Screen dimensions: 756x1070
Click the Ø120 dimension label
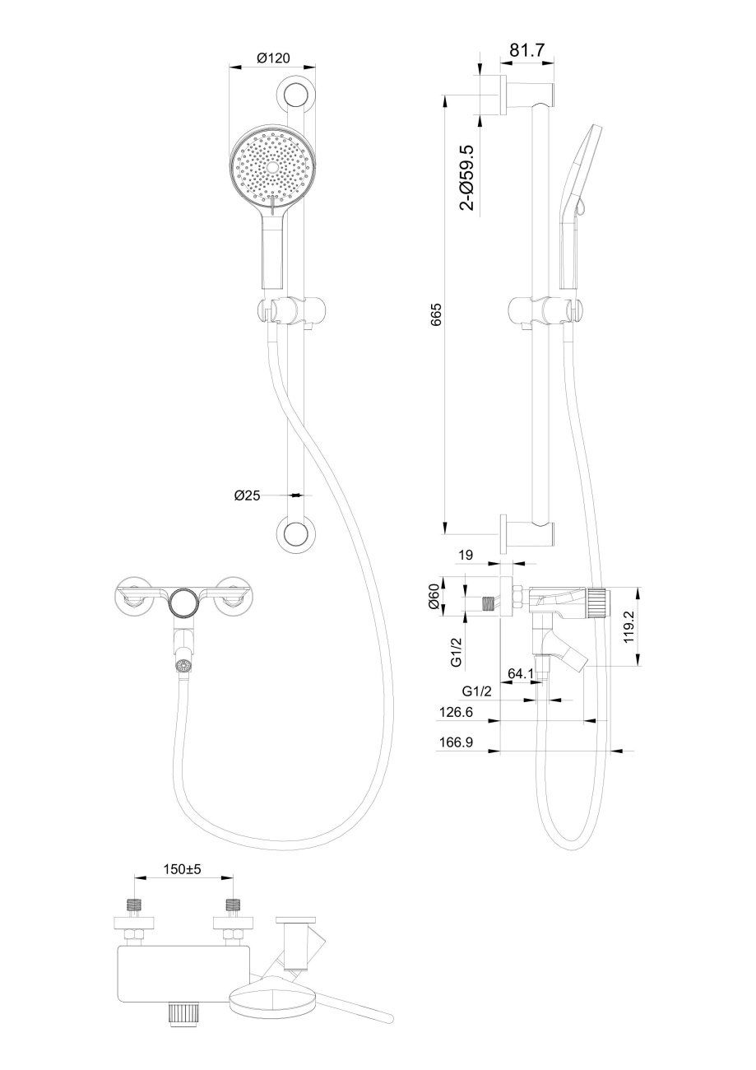tap(273, 58)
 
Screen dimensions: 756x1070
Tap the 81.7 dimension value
tap(527, 49)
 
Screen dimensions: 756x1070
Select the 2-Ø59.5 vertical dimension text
tap(467, 178)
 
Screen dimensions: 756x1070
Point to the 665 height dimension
tap(436, 314)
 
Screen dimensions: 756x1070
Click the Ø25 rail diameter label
tap(248, 495)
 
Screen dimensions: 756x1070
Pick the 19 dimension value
tap(465, 555)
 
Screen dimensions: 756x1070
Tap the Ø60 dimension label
tap(434, 598)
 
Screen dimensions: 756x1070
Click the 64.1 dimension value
tap(520, 673)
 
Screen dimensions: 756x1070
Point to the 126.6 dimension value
tap(456, 712)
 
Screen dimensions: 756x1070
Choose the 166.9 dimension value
tap(456, 742)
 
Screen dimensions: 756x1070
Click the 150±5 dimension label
tap(183, 869)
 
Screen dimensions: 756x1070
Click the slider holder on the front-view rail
tap(291, 310)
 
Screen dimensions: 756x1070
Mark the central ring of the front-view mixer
tap(184, 602)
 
